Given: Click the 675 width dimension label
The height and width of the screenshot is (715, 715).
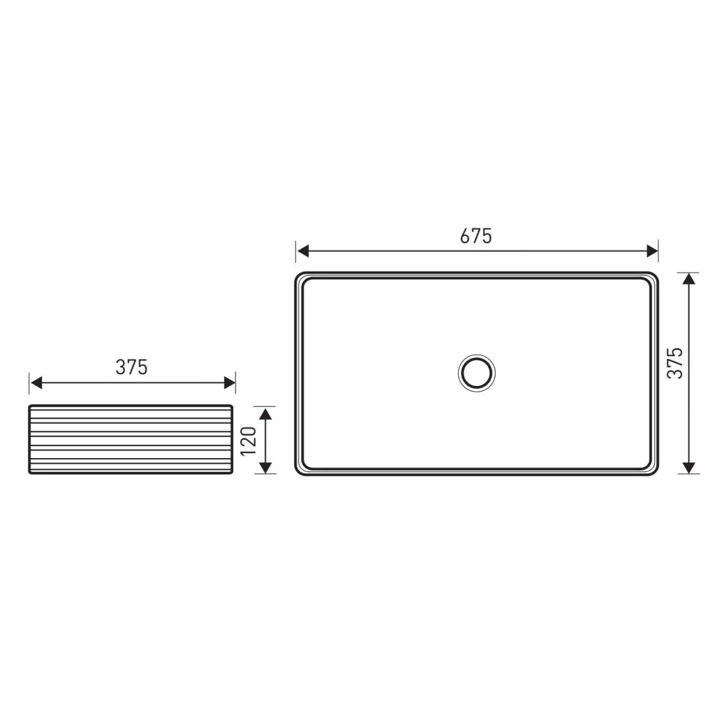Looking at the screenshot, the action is click(x=476, y=236).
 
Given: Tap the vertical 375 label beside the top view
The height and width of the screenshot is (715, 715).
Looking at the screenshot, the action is click(x=675, y=363).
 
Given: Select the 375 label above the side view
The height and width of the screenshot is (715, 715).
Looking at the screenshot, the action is click(x=131, y=367).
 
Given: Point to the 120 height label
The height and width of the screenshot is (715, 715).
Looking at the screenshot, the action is click(x=249, y=441).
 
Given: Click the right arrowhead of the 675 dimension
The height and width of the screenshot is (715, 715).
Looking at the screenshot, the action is click(x=652, y=251).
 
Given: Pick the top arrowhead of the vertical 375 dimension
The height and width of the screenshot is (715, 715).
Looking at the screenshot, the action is click(x=688, y=279).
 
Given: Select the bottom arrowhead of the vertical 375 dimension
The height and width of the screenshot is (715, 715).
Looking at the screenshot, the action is click(x=688, y=468).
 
